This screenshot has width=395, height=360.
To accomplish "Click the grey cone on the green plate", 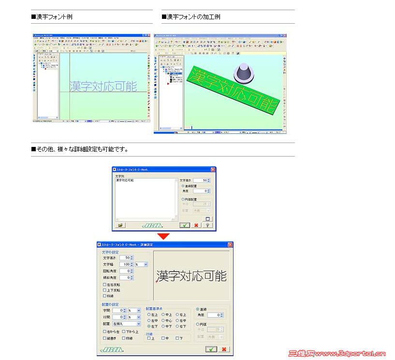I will [245, 73].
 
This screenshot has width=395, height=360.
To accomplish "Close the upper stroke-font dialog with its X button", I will [213, 170].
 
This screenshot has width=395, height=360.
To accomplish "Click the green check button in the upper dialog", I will [184, 225].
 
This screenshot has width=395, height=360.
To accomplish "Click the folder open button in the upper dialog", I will [120, 225].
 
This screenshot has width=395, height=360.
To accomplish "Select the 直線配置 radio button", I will [183, 186].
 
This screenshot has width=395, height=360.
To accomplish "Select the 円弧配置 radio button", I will [183, 199].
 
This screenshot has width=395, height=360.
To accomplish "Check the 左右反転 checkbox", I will [104, 285].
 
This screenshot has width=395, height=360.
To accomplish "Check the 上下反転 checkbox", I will [104, 290].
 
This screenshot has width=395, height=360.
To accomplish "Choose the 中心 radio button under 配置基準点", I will [163, 320].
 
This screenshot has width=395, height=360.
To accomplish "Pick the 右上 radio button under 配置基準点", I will [177, 315].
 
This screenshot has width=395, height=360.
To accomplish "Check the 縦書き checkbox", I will [104, 338].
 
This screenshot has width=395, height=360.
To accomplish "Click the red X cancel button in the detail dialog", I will [224, 349].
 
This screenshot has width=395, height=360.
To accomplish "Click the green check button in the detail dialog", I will [211, 349].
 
